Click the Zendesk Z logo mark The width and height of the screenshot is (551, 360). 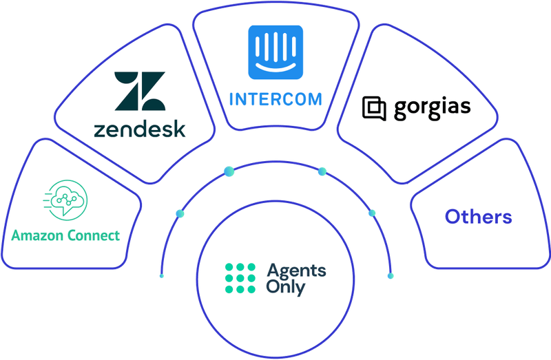click(x=140, y=91)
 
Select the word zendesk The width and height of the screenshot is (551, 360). click(x=141, y=129)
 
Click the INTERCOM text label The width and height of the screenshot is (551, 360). click(x=275, y=98)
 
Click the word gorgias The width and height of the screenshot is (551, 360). click(x=432, y=109)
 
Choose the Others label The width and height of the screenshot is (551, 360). click(x=478, y=217)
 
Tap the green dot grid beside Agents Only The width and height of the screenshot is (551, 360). click(x=239, y=279)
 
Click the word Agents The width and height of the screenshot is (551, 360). click(x=295, y=271)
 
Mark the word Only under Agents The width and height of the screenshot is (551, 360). click(x=285, y=288)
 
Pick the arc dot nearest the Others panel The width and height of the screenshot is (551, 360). click(x=372, y=213)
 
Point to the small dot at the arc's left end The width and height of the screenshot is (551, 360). click(x=162, y=275)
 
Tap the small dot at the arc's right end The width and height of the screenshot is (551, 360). click(x=390, y=275)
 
